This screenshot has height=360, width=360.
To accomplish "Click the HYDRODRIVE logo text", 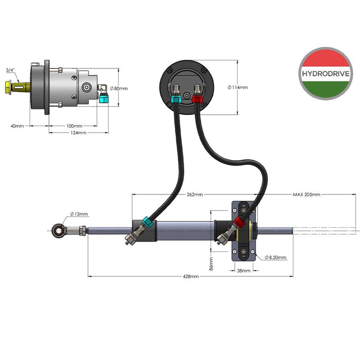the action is [x=325, y=74].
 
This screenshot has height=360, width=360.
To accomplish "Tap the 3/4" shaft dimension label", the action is [x=10, y=70].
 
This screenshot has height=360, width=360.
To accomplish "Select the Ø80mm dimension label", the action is [x=119, y=88].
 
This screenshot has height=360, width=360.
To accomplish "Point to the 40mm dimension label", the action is [x=17, y=126].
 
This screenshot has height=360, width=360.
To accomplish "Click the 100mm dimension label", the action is [x=74, y=126].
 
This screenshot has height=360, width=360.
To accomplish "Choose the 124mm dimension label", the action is [x=78, y=133].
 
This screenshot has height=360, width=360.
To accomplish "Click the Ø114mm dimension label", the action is [x=238, y=87].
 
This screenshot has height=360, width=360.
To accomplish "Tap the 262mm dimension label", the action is [x=195, y=194].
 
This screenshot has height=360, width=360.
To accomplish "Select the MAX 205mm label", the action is [x=306, y=194].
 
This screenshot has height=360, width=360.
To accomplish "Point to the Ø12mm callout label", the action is [x=79, y=214].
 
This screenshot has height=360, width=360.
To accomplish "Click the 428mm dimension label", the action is [x=191, y=276].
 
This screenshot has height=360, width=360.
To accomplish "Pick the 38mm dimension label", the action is [x=244, y=271].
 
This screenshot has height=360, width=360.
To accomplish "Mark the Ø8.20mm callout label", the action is [x=275, y=257].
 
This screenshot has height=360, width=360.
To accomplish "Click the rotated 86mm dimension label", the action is [x=211, y=264].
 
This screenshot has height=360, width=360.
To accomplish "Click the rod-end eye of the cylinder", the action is [x=58, y=230].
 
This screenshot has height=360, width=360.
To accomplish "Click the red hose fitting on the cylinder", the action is [x=239, y=222].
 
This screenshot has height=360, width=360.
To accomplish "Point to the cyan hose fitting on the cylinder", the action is [x=148, y=222].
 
